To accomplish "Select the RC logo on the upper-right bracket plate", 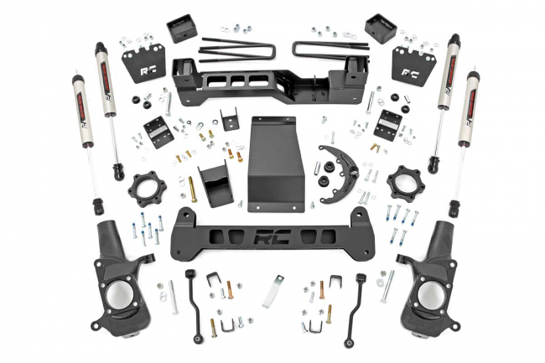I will tap(410, 72).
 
